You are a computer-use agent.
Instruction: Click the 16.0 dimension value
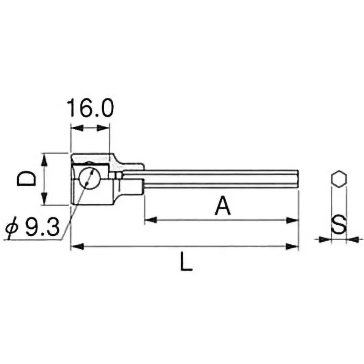coord(90,108)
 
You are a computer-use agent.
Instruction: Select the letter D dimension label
coord(26,179)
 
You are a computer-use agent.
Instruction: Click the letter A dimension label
coord(222,206)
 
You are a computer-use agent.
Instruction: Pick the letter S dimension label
coord(339,225)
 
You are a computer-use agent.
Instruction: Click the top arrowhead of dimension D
coord(44,159)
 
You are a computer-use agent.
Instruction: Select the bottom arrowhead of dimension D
coord(44,199)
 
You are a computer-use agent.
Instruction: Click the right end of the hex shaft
coord(298,178)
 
